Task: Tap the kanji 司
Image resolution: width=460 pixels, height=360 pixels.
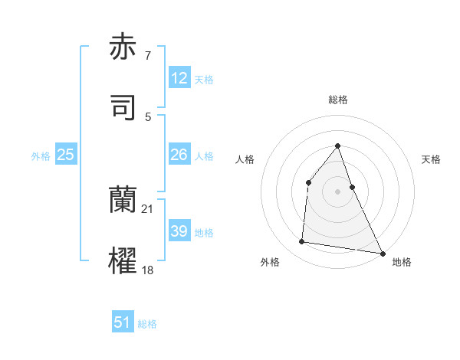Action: (123, 107)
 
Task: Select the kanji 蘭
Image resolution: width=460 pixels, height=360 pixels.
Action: (123, 199)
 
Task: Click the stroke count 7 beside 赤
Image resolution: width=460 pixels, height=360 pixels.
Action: (148, 55)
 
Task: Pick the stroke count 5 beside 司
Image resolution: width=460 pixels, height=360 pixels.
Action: (148, 116)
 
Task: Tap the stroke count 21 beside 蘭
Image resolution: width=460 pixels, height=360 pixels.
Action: (148, 208)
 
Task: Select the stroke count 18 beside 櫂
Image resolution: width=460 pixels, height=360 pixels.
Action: (148, 270)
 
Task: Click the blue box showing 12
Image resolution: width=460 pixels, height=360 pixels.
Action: (179, 77)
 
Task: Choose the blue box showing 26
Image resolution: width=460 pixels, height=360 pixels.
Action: (179, 155)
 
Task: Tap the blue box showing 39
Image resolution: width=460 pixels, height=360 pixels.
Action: (179, 231)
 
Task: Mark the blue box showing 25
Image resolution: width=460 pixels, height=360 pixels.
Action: (66, 155)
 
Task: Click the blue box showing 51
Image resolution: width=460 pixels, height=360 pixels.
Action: (123, 322)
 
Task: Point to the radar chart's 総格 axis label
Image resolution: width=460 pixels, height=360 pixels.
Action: (338, 100)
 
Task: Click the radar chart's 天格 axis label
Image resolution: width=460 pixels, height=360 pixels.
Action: (432, 159)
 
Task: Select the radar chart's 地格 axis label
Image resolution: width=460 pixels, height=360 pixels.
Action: (402, 262)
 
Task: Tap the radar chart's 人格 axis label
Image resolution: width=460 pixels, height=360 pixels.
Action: (245, 159)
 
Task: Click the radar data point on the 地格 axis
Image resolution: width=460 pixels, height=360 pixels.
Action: (382, 253)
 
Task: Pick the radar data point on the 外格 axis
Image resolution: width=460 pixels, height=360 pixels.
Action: (302, 242)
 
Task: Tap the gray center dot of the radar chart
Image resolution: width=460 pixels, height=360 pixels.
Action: (337, 191)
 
